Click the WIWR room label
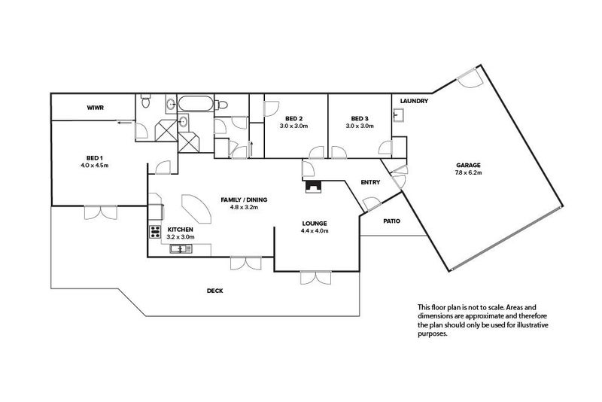click(95, 108)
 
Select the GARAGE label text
click(468, 166)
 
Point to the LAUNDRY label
click(414, 101)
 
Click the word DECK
click(215, 291)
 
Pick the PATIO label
click(391, 221)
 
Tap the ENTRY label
click(370, 182)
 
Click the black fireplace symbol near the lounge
click(313, 187)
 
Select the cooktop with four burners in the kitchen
click(155, 232)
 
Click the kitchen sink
click(181, 250)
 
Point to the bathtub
click(196, 103)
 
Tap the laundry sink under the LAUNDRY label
click(398, 114)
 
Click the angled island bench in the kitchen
click(196, 209)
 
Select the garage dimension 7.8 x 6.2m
click(468, 173)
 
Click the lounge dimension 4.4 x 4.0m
click(315, 231)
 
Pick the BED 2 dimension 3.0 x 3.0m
click(293, 126)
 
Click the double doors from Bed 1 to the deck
click(101, 212)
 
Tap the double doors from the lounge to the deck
click(315, 277)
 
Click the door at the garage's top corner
click(469, 78)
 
